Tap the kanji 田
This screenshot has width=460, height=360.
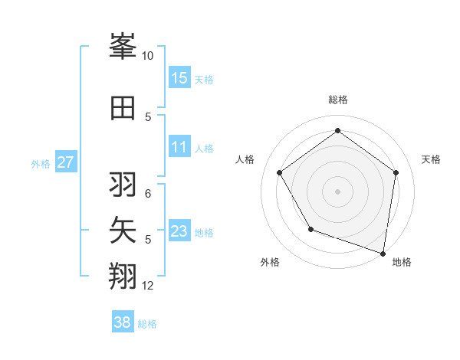(123, 108)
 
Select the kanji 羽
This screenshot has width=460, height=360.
(123, 185)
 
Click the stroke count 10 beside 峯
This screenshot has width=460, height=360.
(147, 56)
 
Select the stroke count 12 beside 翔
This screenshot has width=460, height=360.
(148, 286)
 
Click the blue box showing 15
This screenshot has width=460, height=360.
(179, 77)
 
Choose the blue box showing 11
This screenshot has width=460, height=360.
(179, 147)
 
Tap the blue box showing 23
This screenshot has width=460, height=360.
(179, 231)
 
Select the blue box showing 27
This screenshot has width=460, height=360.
(66, 162)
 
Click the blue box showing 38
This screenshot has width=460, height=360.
(123, 322)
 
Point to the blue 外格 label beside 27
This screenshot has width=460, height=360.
(41, 163)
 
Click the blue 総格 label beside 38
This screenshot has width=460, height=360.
(147, 324)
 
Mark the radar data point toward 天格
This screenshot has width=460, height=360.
(396, 172)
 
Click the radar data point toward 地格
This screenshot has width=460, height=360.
(383, 253)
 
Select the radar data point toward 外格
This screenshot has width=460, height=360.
(310, 229)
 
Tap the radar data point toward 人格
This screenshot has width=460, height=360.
(279, 172)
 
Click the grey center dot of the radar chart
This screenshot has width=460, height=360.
(337, 191)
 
